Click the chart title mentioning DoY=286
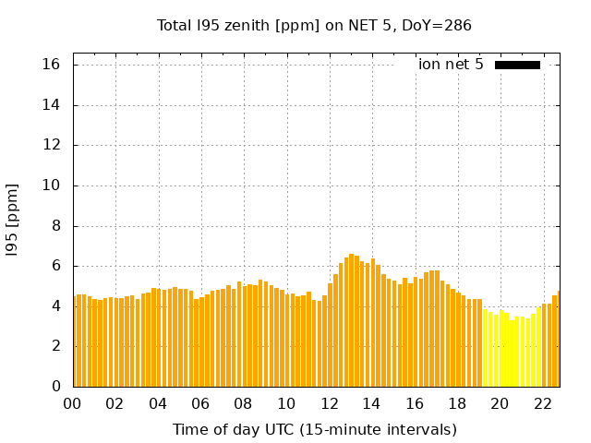pos(314,26)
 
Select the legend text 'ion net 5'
pos(451,65)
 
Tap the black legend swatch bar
pos(517,65)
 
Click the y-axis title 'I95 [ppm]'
pos(13,220)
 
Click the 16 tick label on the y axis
pos(51,65)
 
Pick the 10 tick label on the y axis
pos(51,186)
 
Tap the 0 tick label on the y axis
pos(55,386)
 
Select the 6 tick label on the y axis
pos(55,266)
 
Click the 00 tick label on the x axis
pos(72,403)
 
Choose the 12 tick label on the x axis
pos(330,403)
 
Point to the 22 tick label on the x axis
pos(543,403)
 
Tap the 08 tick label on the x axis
pos(244,403)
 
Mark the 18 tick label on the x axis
pos(457,403)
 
